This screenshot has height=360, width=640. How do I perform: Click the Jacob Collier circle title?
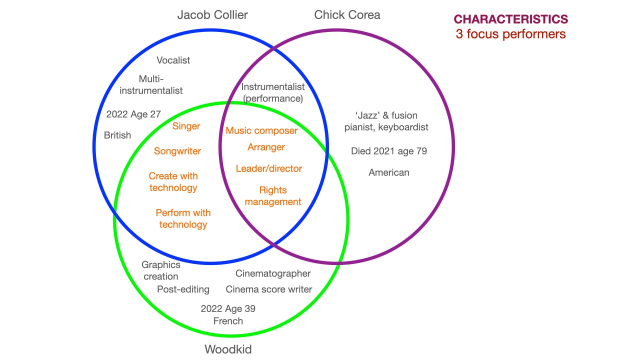pyautogui.click(x=212, y=15)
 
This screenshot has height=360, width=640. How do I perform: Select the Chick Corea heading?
pyautogui.click(x=347, y=15)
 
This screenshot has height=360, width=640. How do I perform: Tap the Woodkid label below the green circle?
pyautogui.click(x=228, y=349)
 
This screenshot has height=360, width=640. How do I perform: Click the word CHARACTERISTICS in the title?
pyautogui.click(x=510, y=19)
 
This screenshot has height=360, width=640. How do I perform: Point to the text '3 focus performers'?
pyautogui.click(x=510, y=34)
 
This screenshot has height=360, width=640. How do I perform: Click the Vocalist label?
pyautogui.click(x=173, y=60)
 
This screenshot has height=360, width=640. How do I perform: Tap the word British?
pyautogui.click(x=117, y=135)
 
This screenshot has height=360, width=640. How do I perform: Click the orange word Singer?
pyautogui.click(x=186, y=126)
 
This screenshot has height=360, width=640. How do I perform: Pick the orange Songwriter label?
pyautogui.click(x=177, y=151)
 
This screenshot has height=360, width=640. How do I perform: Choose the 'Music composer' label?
pyautogui.click(x=261, y=131)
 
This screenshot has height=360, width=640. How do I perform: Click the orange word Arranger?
pyautogui.click(x=266, y=147)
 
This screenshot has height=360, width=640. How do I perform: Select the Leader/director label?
pyautogui.click(x=269, y=168)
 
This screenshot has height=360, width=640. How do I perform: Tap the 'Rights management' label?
pyautogui.click(x=273, y=196)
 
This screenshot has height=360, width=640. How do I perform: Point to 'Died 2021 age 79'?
pyautogui.click(x=389, y=151)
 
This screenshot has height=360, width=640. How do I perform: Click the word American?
pyautogui.click(x=389, y=172)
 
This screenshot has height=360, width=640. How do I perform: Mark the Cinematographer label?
pyautogui.click(x=273, y=273)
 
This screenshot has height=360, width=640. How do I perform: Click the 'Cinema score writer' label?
pyautogui.click(x=269, y=289)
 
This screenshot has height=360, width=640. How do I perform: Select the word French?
pyautogui.click(x=228, y=321)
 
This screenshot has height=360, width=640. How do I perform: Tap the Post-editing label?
pyautogui.click(x=183, y=289)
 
